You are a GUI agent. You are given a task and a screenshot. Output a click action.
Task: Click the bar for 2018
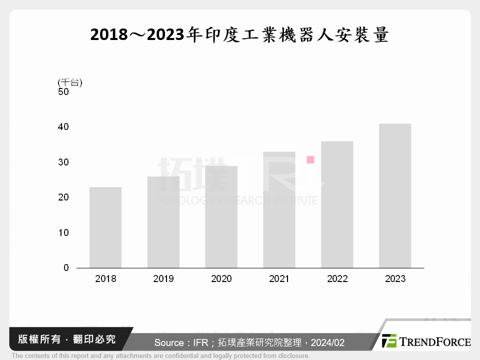pos(105,227)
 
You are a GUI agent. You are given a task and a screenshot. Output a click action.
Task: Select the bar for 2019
pos(163,222)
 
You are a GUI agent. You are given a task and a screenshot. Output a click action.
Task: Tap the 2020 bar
pos(221,217)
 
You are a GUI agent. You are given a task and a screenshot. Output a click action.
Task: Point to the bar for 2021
pos(279,210)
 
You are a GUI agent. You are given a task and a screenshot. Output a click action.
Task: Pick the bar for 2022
pos(337,204)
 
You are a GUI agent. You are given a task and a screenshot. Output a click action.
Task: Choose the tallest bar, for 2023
pos(395,195)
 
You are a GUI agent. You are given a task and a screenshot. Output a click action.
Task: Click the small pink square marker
pos(310,160)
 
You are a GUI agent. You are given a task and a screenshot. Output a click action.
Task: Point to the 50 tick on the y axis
pos(63,92)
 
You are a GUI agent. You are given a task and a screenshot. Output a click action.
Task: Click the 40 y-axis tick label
pos(63,127)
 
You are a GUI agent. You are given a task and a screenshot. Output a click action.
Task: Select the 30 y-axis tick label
pos(63,162)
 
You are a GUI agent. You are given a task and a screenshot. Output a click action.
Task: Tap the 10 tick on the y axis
pos(63,233)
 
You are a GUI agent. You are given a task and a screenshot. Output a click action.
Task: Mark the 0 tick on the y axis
pos(66,268)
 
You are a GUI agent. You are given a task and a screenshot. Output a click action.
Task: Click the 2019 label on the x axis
pos(163,279)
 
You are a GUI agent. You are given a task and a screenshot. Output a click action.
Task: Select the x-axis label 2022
pos(337,279)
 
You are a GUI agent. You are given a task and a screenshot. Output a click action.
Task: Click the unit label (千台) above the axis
pos(70,82)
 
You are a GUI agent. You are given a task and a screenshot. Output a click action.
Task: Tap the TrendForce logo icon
pos(389,341)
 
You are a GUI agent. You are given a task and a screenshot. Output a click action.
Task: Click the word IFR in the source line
pos(195,343)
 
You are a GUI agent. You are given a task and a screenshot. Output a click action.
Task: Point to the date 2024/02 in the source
pos(327,343)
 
